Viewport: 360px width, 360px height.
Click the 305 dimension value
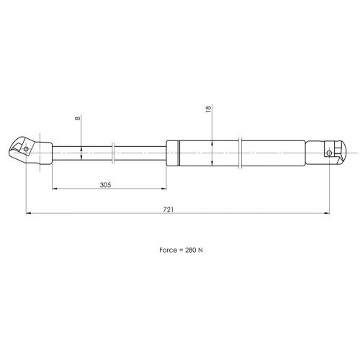(106, 185)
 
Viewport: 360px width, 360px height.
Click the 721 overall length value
(168, 210)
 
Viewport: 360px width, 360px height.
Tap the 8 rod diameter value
(78, 118)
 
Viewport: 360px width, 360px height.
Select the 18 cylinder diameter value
(208, 108)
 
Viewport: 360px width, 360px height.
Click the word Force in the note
(168, 250)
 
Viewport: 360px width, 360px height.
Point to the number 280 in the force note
(191, 250)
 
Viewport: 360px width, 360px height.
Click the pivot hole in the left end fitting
(26, 149)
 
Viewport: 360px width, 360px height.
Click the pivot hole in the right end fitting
(329, 153)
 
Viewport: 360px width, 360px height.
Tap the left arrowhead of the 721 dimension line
(29, 213)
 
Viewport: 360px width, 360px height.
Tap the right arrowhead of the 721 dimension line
(326, 213)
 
